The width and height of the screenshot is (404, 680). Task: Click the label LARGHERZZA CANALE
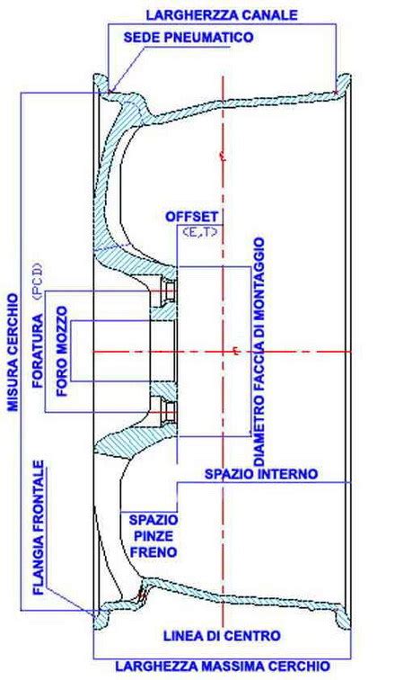(222, 14)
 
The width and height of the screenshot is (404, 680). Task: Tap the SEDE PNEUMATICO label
(189, 37)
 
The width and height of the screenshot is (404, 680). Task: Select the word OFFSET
(191, 217)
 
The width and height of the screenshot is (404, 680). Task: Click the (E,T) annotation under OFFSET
(199, 232)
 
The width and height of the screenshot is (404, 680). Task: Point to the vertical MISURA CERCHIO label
(13, 353)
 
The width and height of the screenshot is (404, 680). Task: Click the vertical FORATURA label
(39, 351)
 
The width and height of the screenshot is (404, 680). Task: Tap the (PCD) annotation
(39, 282)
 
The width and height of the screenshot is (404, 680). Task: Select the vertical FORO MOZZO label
(62, 352)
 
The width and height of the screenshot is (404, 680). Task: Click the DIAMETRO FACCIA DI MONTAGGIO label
(259, 352)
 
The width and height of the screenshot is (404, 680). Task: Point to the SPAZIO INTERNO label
(261, 473)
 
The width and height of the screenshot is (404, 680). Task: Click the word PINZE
(154, 536)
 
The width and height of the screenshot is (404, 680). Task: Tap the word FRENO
(154, 552)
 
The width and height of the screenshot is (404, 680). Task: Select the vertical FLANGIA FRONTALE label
(39, 528)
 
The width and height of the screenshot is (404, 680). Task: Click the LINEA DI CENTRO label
(222, 636)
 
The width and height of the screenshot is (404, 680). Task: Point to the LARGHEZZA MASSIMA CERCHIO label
(223, 667)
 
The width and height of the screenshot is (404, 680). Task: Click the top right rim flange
(344, 84)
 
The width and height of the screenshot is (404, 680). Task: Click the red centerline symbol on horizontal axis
(235, 352)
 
